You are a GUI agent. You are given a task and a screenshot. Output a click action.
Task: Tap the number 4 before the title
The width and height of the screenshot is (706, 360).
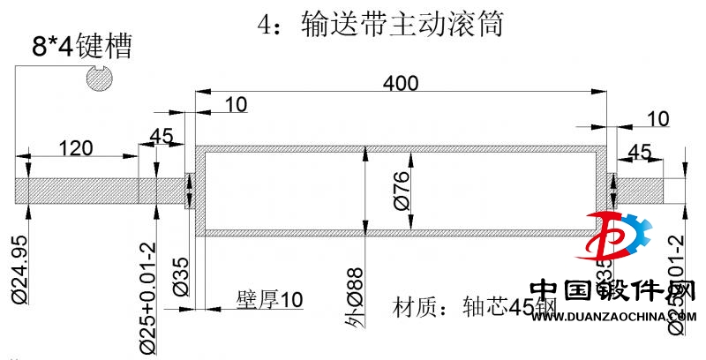266,24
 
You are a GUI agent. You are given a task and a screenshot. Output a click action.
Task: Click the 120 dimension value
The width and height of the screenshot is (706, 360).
76,147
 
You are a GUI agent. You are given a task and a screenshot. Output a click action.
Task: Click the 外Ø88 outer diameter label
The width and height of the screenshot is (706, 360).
355,296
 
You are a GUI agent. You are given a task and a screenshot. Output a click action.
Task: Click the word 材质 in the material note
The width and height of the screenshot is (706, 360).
413,307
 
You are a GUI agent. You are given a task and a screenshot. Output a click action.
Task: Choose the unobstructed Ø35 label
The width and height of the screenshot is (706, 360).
178,276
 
